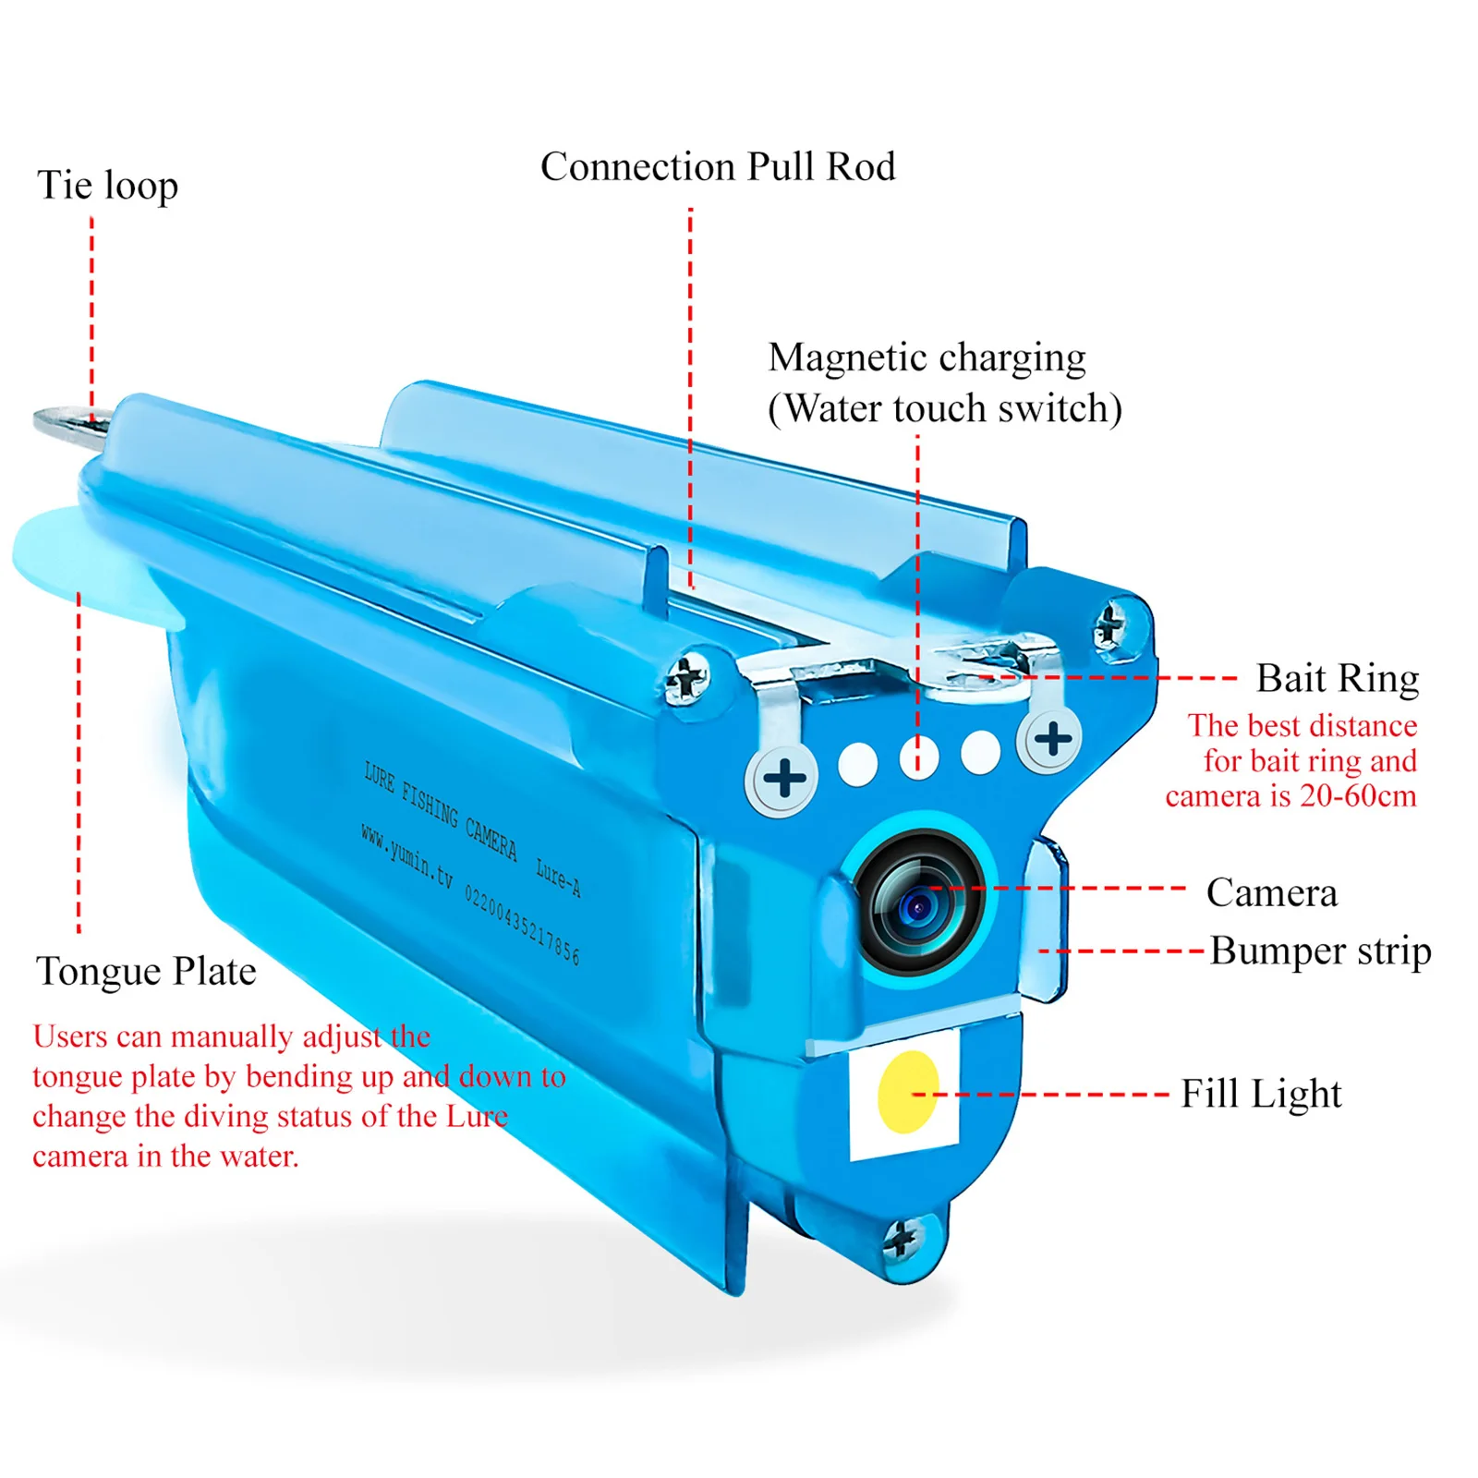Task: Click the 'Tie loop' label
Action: pyautogui.click(x=107, y=186)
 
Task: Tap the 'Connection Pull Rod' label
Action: pyautogui.click(x=718, y=167)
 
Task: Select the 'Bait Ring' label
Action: pyautogui.click(x=1337, y=678)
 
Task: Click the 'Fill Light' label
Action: pyautogui.click(x=1261, y=1094)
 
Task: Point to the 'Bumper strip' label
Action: pyautogui.click(x=1320, y=951)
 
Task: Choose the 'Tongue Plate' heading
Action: pyautogui.click(x=146, y=972)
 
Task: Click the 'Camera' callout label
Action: pyautogui.click(x=1271, y=892)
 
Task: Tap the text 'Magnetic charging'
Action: pyautogui.click(x=927, y=358)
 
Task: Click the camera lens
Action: pyautogui.click(x=918, y=905)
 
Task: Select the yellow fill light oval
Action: pyautogui.click(x=907, y=1092)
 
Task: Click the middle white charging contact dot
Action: pyautogui.click(x=918, y=758)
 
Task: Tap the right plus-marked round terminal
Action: pyautogui.click(x=1052, y=738)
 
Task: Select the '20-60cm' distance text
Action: pyautogui.click(x=1357, y=796)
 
